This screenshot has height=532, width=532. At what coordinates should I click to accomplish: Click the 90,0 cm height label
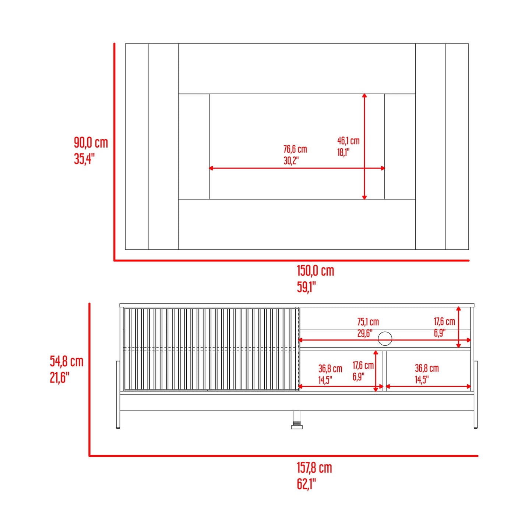[91, 143]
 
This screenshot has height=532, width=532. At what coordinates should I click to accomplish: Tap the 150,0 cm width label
[315, 271]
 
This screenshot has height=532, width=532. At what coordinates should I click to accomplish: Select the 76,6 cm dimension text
[295, 149]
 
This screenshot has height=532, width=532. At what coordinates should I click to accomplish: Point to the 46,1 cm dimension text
[348, 141]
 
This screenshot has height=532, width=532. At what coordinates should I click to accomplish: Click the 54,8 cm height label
[67, 361]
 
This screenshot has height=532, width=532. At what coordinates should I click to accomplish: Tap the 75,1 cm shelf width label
[368, 322]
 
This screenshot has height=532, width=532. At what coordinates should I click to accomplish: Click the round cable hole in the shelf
[385, 338]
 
